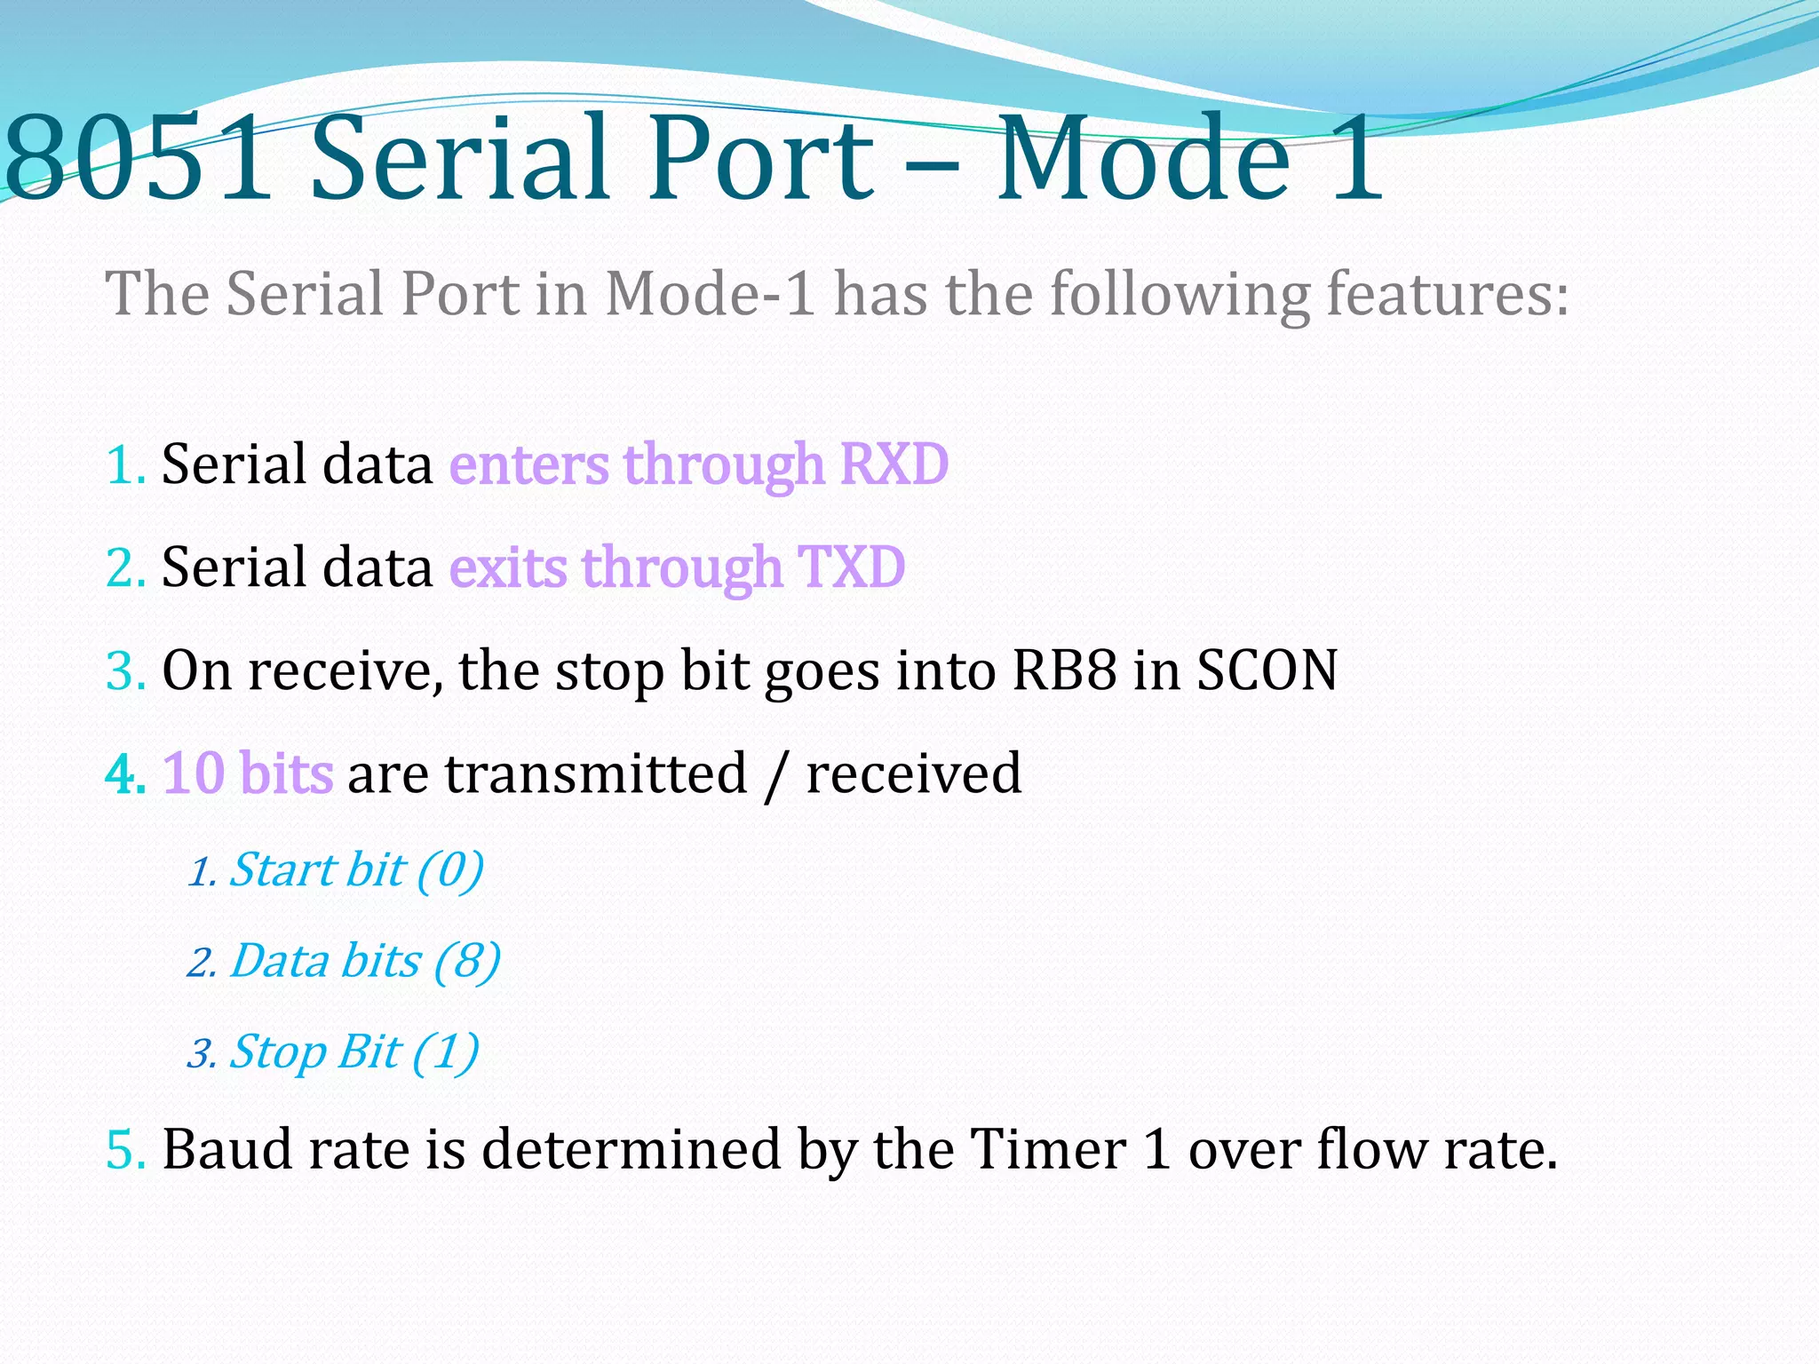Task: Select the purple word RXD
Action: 894,464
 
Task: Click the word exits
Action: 508,567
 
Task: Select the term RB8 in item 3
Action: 1064,670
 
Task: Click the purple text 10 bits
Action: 248,773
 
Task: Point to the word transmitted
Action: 596,773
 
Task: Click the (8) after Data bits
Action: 467,962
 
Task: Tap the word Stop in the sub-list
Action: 278,1053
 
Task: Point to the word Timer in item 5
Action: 1047,1150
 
